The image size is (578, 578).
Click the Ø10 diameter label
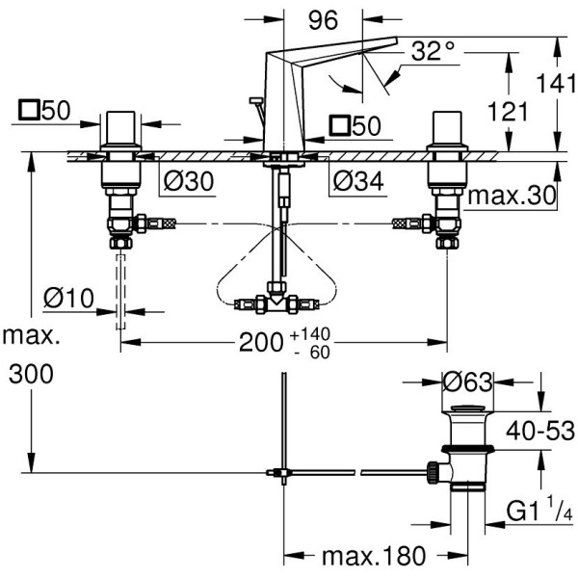click(68, 299)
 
